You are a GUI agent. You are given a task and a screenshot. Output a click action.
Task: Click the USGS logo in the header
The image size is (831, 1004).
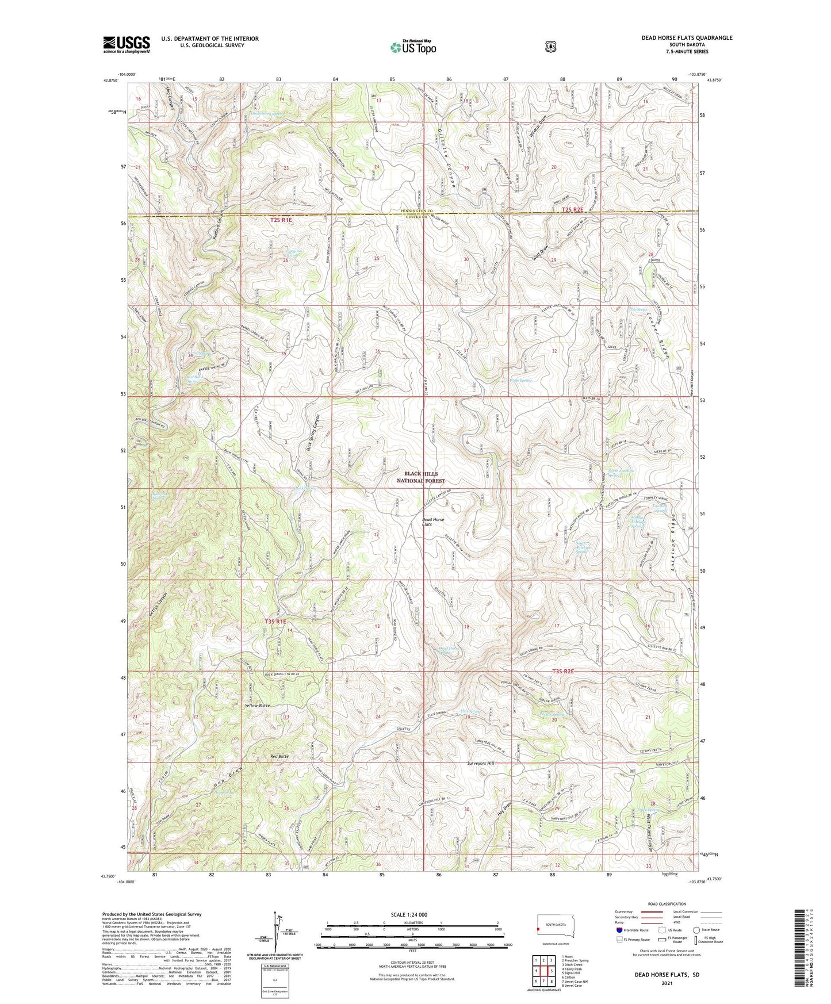(127, 44)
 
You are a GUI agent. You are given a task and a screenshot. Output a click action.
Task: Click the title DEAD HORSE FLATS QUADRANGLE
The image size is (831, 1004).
(687, 38)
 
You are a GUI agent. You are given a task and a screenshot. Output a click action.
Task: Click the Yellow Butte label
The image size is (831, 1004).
(256, 705)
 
